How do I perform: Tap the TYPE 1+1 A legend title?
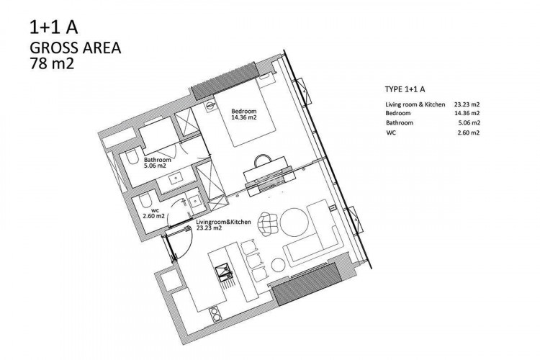point(405,91)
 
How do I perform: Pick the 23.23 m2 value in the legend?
point(465,105)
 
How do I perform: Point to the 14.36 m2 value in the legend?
point(465,114)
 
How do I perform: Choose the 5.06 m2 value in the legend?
point(467,123)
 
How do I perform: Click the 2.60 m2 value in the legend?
point(467,132)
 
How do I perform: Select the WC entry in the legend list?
point(391,132)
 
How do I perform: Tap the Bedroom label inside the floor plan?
point(243,111)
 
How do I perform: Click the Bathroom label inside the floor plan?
point(156,160)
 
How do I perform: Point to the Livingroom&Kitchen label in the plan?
point(223,222)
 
